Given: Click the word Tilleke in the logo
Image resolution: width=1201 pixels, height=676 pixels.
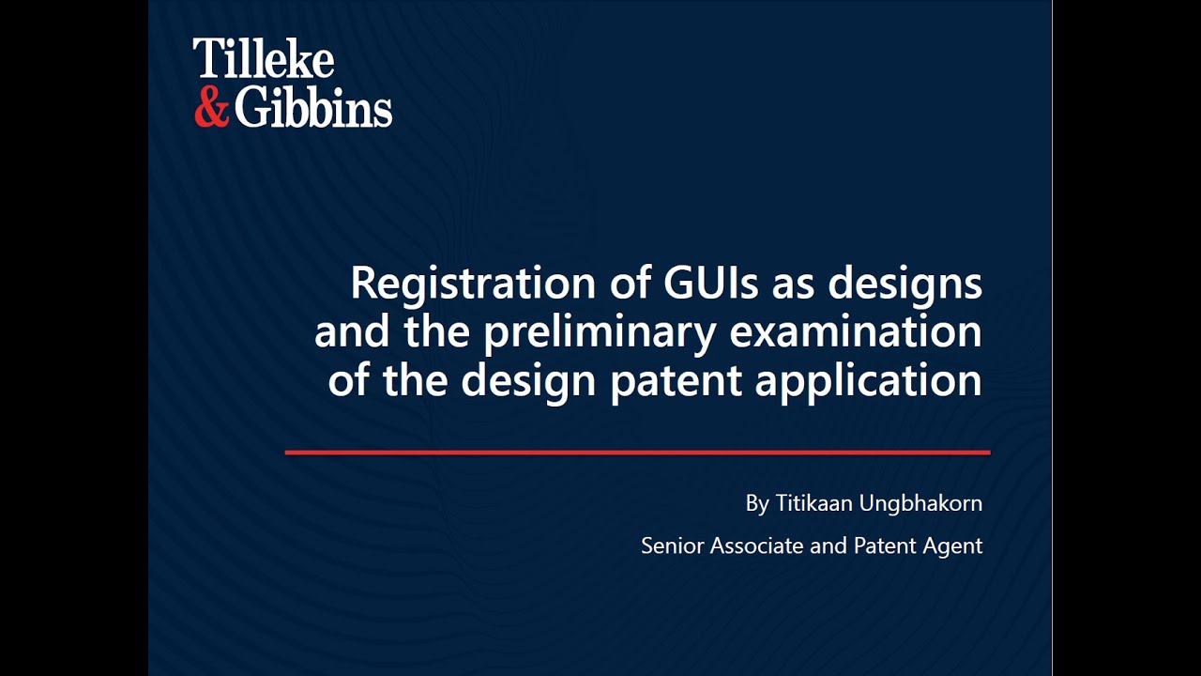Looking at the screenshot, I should coord(263,61).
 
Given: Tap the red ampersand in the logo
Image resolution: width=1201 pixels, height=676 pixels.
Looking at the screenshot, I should coord(211,108).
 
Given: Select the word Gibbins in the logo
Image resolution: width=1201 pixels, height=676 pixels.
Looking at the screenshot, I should coord(312,108).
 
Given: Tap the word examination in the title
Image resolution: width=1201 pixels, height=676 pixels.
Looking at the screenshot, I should coord(855,332).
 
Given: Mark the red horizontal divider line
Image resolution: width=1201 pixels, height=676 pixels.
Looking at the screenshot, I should coord(637,453).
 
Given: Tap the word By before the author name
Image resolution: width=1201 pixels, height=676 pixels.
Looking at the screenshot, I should coord(757,503).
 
